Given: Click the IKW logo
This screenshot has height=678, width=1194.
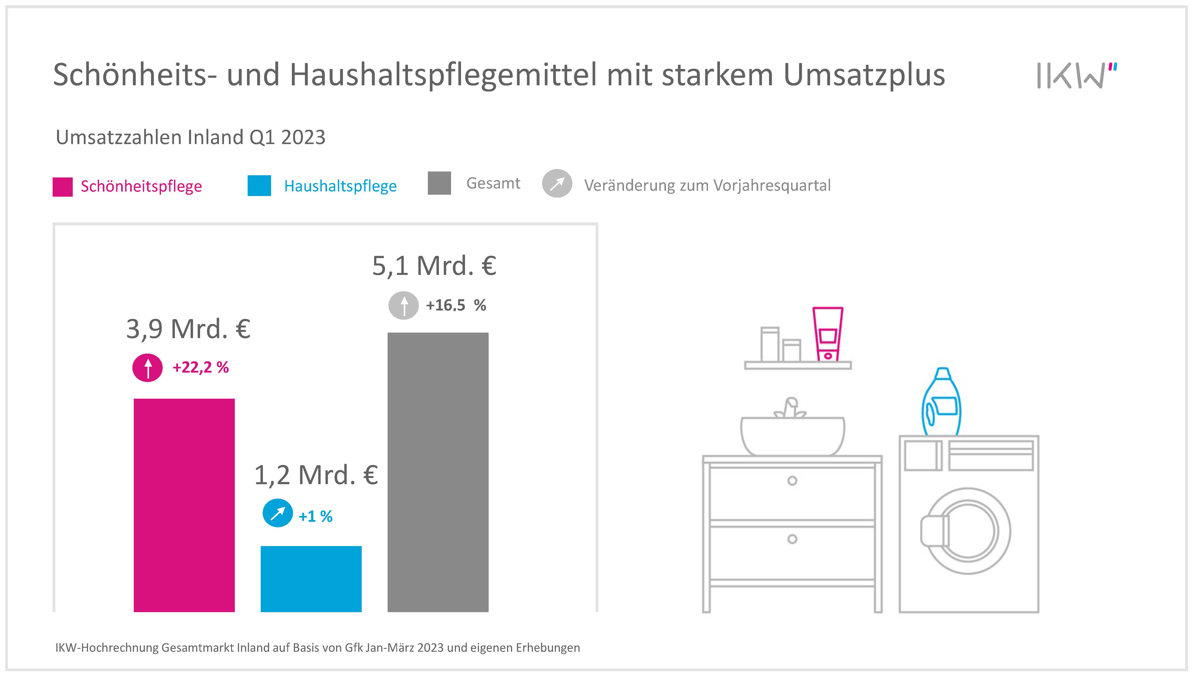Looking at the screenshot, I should (x=1076, y=75).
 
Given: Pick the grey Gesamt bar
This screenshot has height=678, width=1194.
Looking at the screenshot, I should (x=438, y=472).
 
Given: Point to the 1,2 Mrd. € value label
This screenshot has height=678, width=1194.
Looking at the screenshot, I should (x=316, y=475).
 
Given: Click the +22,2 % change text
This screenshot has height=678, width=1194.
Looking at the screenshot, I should (x=201, y=368).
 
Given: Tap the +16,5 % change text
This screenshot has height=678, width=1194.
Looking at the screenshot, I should (x=456, y=305).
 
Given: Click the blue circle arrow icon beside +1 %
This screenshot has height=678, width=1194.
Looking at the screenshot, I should (x=278, y=513).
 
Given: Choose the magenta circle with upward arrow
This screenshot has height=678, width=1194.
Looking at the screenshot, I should (x=148, y=368).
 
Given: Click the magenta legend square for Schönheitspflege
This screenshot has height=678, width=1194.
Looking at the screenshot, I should (x=62, y=187).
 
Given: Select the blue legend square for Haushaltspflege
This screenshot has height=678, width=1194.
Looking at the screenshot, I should (x=259, y=186).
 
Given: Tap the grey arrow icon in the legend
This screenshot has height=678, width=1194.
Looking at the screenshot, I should (x=557, y=183).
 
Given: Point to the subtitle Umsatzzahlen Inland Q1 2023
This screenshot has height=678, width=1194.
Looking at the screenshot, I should (x=190, y=137).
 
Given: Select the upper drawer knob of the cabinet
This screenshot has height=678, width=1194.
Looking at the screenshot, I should (x=792, y=481).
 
